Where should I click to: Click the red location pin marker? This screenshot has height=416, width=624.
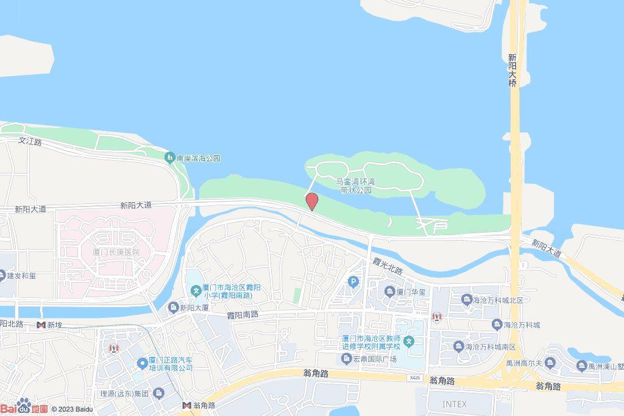point(311,201)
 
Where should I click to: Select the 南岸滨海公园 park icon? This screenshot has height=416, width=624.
point(169,158)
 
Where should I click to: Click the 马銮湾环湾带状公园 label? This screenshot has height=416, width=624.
point(356,186)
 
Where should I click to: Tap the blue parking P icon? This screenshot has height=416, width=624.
point(352,281)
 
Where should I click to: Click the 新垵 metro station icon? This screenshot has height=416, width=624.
point(41,325)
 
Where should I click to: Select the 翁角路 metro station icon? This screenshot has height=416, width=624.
point(187,405)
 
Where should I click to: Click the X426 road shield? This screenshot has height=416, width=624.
point(414,378)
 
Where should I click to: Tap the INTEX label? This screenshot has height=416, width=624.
point(454,404)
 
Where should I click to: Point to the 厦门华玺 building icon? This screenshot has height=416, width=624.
point(389,292)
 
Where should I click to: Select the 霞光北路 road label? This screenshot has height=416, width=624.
point(388,266)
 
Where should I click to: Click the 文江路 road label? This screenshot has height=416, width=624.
point(30,141)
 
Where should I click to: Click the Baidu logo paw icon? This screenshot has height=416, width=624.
point(24,405)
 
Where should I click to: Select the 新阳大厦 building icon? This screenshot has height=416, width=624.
point(173,307)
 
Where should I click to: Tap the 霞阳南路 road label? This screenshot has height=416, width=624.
point(243,314)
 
